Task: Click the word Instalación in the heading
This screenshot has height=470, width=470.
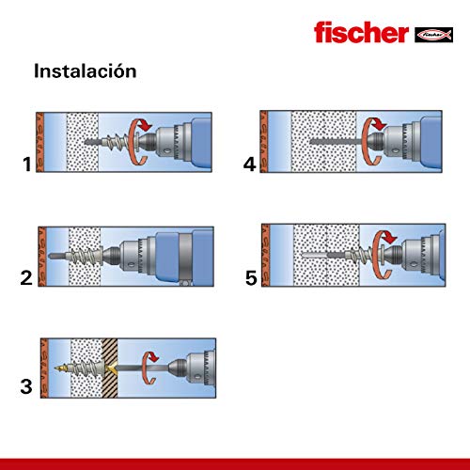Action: click(x=86, y=70)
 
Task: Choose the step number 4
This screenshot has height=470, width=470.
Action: click(x=249, y=166)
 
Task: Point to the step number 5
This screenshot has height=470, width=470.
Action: click(x=249, y=277)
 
